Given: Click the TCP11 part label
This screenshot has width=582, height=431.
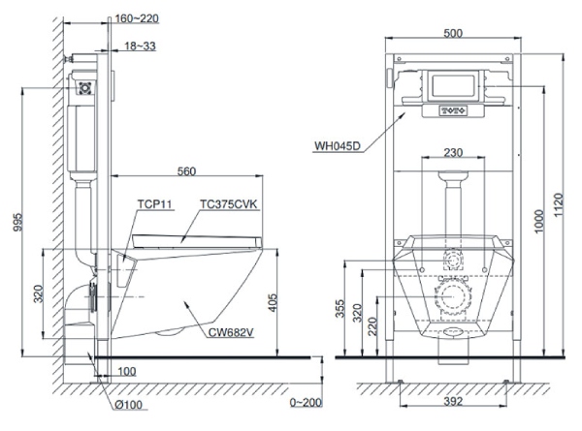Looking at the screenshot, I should tap(153, 204).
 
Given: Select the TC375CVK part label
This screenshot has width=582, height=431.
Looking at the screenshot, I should tap(228, 204).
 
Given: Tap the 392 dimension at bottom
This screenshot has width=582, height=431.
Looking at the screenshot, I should tap(448, 398).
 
